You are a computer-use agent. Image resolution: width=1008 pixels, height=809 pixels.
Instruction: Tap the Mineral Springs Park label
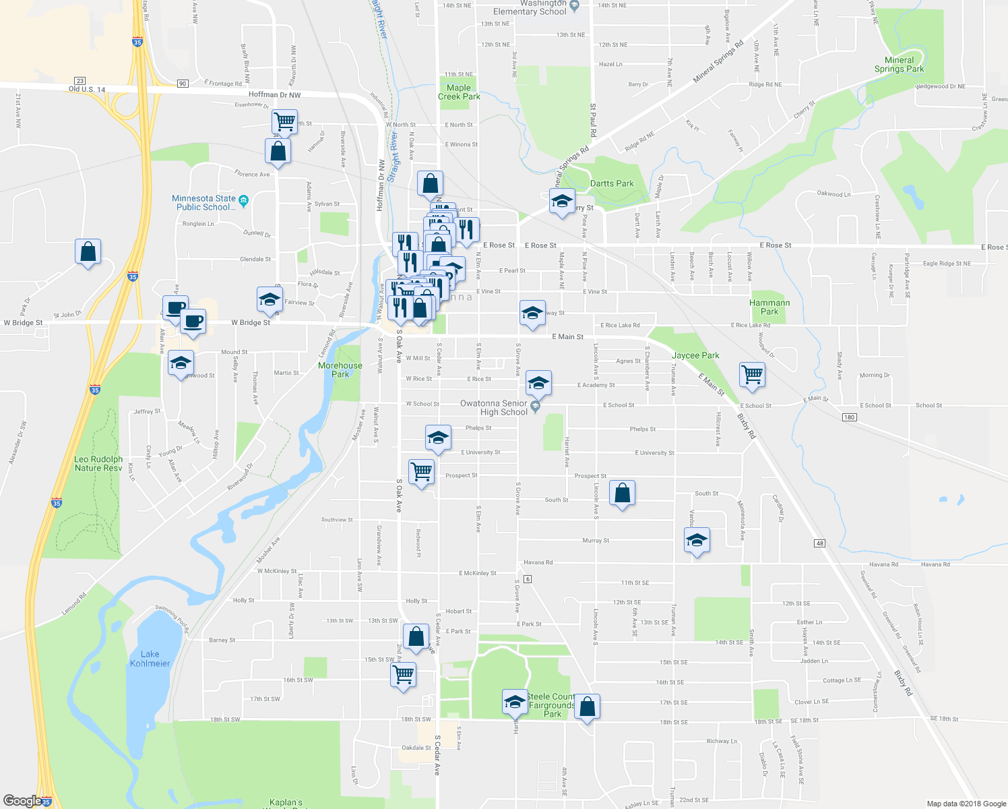899,65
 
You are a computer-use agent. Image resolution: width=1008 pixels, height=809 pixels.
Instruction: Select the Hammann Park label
769,307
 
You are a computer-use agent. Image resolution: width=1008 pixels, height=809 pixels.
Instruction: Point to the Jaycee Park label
695,355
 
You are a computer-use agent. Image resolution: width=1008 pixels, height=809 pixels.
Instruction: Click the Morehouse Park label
340,369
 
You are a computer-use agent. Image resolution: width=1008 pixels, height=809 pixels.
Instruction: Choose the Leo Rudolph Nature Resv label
98,464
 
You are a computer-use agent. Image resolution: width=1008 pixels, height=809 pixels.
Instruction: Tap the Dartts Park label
612,183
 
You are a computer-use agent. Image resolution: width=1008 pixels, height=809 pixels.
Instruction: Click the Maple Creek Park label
459,92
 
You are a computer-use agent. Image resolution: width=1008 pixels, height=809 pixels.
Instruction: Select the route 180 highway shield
849,417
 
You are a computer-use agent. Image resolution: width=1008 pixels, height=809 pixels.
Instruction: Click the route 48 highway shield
819,543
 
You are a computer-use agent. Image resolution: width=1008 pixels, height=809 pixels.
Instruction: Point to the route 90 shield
183,84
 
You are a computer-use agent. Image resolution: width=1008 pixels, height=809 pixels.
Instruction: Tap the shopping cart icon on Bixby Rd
752,374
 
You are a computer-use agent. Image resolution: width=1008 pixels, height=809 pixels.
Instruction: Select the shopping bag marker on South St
622,493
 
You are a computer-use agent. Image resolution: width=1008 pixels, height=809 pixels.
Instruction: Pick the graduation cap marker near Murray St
697,540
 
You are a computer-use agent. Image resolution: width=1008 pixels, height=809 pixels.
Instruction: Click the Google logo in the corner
22,800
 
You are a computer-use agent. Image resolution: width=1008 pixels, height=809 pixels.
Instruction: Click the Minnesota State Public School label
203,203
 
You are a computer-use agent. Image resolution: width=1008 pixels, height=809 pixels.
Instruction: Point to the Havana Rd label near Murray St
538,562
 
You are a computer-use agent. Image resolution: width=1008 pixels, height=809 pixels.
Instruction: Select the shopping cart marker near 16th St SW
404,674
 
